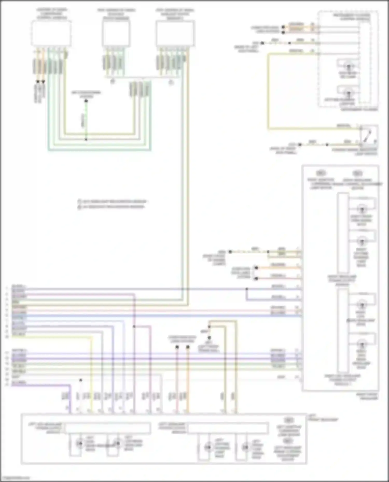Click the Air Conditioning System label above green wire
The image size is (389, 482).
click(86, 94)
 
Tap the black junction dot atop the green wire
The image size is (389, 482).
click(86, 101)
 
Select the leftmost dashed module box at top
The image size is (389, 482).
click(51, 33)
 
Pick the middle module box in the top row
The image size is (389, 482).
click(116, 33)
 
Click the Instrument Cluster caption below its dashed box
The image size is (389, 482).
click(359, 110)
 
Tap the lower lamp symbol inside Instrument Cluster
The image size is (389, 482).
click(348, 93)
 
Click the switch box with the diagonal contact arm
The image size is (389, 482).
click(369, 134)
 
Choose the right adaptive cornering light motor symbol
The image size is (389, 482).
click(321, 173)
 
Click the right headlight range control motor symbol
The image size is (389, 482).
click(357, 173)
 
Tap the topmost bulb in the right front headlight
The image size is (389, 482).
click(362, 208)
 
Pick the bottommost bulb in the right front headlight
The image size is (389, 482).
click(362, 344)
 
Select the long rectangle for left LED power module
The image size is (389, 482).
click(108, 428)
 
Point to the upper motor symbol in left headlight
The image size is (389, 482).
click(288, 420)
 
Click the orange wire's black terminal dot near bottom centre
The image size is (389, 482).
click(188, 347)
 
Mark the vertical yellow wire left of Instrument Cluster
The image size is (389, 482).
click(269, 91)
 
